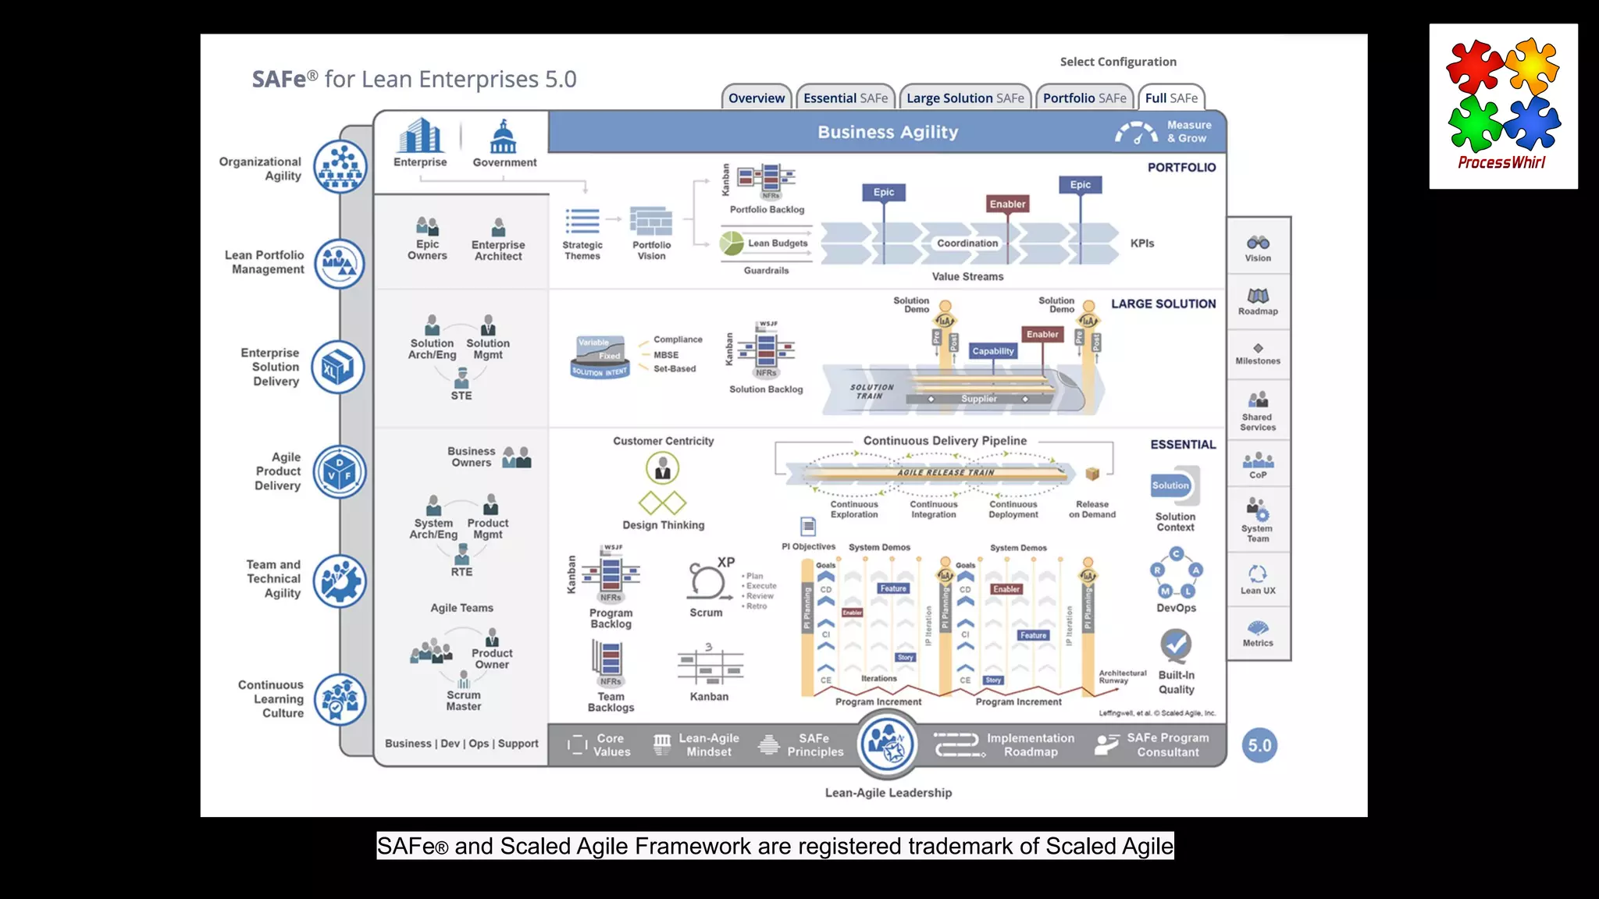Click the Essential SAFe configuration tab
(x=846, y=98)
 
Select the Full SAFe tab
(x=1170, y=98)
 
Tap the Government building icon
(x=504, y=137)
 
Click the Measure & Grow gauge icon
(x=1136, y=133)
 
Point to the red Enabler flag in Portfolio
(x=1007, y=204)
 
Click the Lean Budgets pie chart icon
(x=732, y=243)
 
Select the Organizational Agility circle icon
(x=340, y=167)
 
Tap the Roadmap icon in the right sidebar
(x=1258, y=296)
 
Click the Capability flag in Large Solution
(x=992, y=351)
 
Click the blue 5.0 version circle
(x=1259, y=745)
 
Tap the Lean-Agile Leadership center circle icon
(x=888, y=744)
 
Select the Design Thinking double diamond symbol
(x=662, y=503)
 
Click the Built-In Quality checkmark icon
(x=1175, y=645)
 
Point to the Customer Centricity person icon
(x=662, y=468)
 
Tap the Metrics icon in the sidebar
(x=1258, y=628)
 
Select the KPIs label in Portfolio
(x=1141, y=243)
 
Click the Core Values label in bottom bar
(x=611, y=745)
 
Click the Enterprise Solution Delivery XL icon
(x=338, y=368)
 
